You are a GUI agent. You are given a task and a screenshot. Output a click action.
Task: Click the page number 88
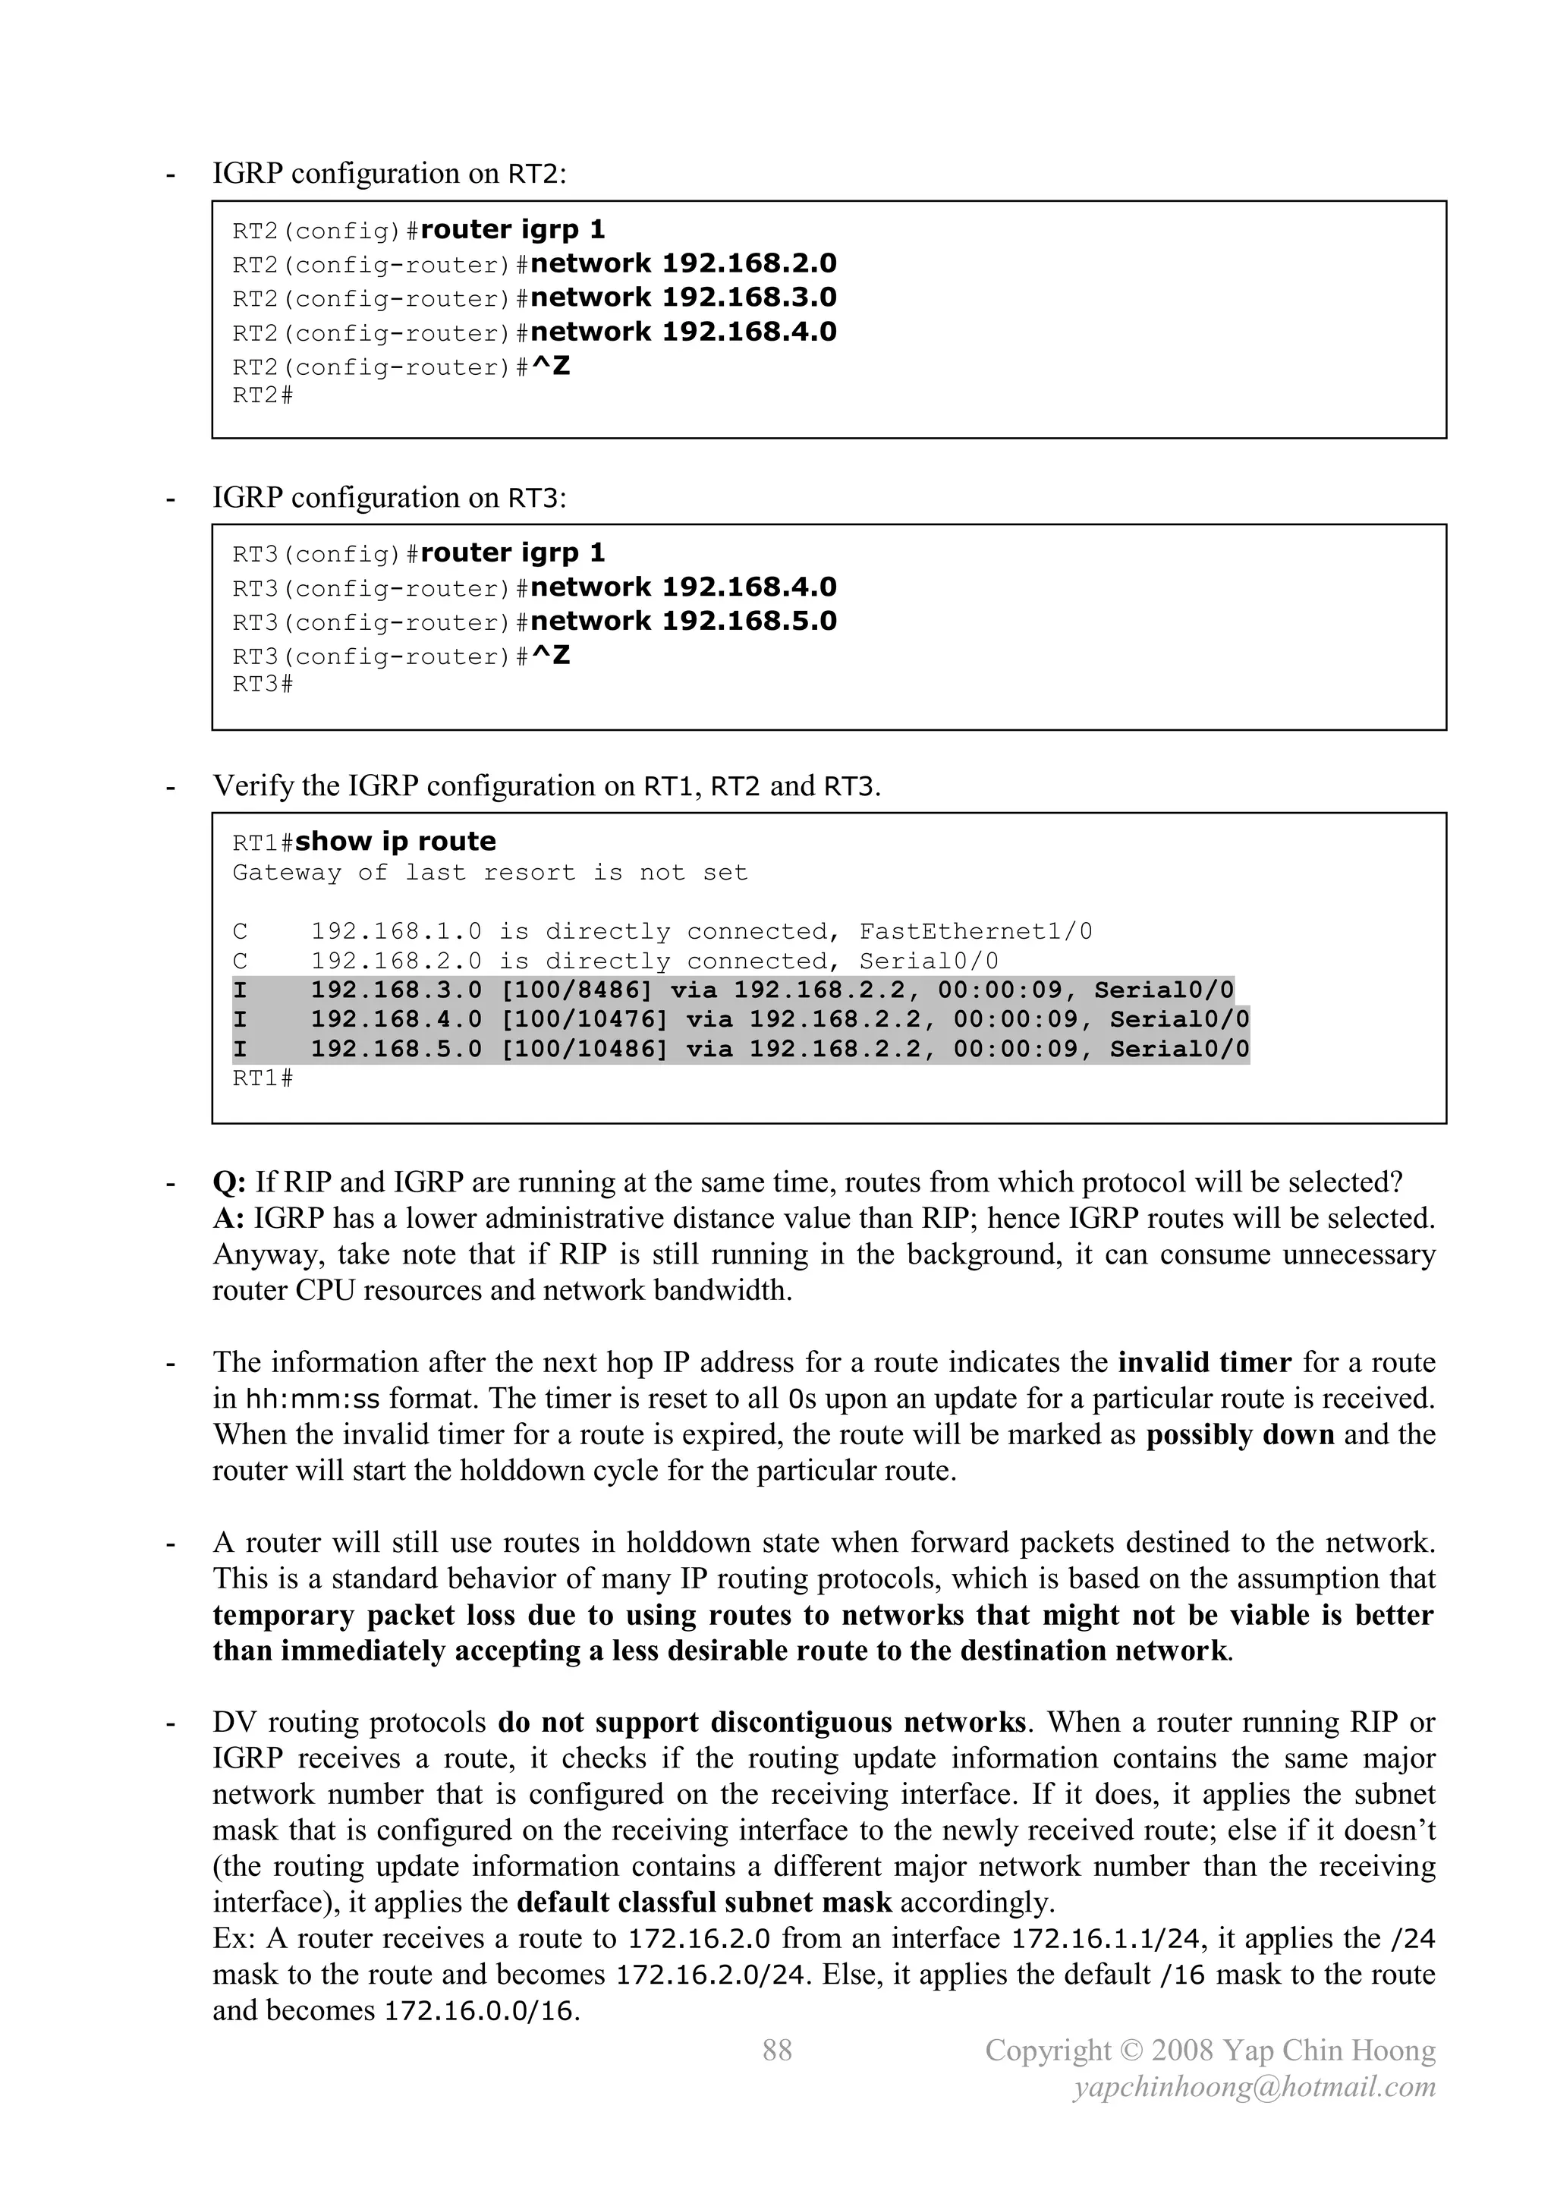[777, 2050]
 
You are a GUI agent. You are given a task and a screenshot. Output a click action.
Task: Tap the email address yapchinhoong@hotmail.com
[1254, 2086]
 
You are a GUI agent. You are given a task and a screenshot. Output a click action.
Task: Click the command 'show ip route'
[395, 841]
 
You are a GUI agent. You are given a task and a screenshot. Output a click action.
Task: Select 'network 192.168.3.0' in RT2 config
[683, 297]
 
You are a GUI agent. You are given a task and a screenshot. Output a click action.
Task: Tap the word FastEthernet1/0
[975, 931]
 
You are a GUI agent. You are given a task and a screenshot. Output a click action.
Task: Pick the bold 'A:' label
[228, 1219]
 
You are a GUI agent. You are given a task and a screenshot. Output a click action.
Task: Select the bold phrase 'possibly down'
[1240, 1435]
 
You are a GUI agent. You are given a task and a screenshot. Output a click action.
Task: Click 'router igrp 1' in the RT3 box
[513, 553]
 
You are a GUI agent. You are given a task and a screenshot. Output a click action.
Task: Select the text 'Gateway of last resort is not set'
[490, 873]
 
